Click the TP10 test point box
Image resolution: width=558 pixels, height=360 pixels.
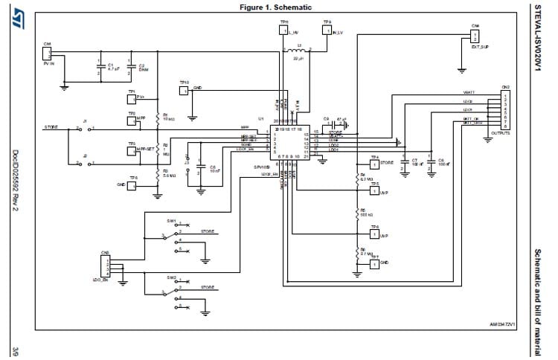tap(184, 91)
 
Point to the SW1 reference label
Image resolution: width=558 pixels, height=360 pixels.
tap(171, 221)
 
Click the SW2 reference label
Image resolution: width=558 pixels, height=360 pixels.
tap(171, 277)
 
